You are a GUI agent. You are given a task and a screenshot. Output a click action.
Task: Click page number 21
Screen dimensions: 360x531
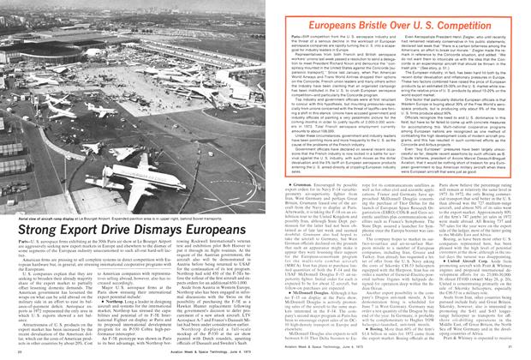511,352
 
